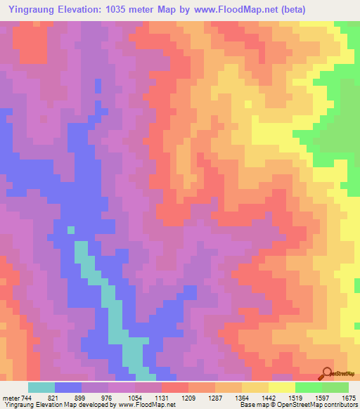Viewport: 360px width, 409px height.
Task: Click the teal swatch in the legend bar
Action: [41, 387]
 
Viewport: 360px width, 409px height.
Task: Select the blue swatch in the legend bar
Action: [68, 387]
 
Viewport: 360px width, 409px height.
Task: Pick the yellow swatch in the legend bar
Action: [281, 387]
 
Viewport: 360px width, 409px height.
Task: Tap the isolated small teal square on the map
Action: [70, 229]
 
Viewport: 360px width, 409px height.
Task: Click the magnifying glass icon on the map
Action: [328, 373]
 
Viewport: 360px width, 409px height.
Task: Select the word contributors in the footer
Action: [340, 405]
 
